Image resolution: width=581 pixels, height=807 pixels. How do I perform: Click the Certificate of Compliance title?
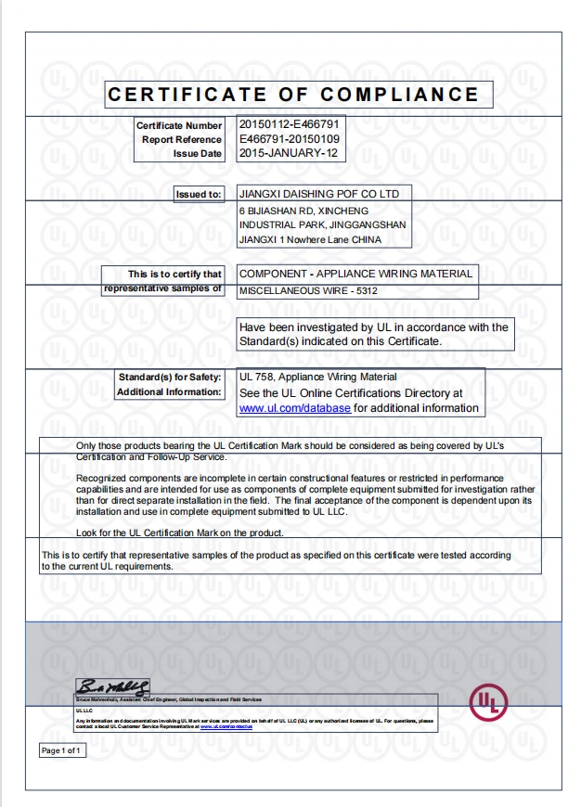pyautogui.click(x=293, y=95)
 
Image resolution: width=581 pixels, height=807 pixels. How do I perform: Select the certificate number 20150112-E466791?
pyautogui.click(x=289, y=124)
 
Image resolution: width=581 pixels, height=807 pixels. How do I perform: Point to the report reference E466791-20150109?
pyautogui.click(x=289, y=139)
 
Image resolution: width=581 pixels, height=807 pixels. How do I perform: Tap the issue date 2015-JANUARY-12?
pyautogui.click(x=289, y=153)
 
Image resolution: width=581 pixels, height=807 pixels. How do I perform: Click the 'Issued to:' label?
pyautogui.click(x=199, y=194)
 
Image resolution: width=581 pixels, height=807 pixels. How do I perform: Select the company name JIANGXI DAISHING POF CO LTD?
pyautogui.click(x=319, y=194)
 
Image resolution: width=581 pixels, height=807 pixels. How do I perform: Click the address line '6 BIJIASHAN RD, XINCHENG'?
pyautogui.click(x=296, y=211)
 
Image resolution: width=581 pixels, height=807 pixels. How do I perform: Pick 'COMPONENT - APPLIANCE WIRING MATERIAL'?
pyautogui.click(x=355, y=274)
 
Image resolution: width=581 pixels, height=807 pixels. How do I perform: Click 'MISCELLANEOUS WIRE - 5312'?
pyautogui.click(x=308, y=290)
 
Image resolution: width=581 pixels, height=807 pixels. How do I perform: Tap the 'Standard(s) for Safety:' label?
pyautogui.click(x=170, y=377)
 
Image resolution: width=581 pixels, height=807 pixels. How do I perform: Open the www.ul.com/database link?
pyautogui.click(x=294, y=407)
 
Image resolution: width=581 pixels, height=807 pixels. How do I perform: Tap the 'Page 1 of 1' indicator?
pyautogui.click(x=62, y=749)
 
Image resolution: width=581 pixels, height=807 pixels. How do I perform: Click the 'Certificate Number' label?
pyautogui.click(x=179, y=125)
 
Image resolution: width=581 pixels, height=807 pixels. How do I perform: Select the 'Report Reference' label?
pyautogui.click(x=182, y=139)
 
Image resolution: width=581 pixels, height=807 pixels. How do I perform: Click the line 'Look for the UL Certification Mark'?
pyautogui.click(x=180, y=532)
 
